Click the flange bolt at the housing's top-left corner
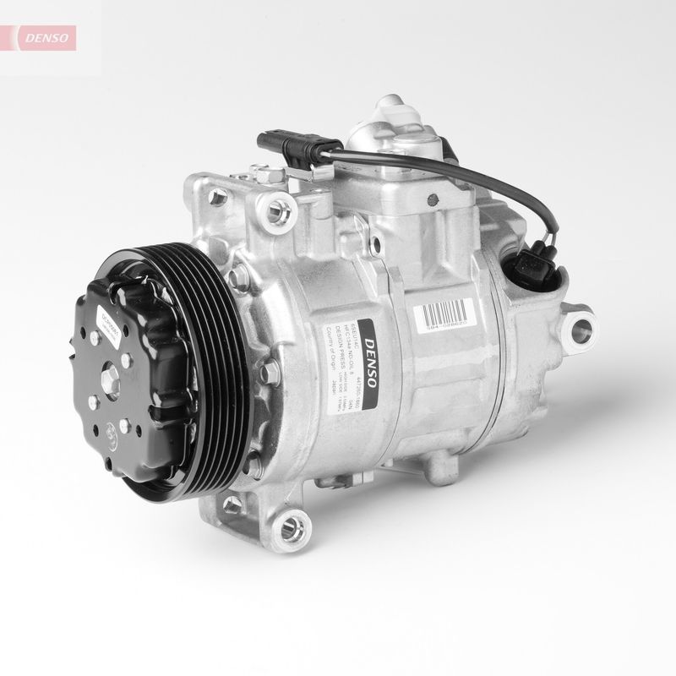point(219,197)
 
